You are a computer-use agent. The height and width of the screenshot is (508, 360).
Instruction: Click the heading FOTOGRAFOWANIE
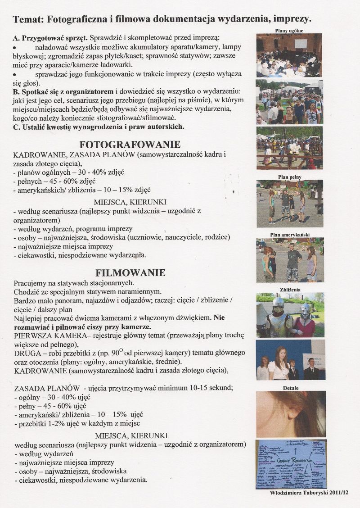130,145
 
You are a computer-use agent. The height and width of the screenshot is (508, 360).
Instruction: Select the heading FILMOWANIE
130,272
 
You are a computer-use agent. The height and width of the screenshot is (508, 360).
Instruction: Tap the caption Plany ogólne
289,31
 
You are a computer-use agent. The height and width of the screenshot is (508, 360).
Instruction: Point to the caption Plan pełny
289,177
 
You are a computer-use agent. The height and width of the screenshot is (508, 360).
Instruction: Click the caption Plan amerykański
290,235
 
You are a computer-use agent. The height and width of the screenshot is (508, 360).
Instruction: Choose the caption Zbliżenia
289,290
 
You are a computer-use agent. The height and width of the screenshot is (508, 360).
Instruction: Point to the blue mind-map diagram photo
290,464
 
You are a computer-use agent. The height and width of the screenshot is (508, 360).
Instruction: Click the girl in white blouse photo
290,361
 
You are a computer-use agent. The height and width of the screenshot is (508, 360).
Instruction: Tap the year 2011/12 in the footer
338,493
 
